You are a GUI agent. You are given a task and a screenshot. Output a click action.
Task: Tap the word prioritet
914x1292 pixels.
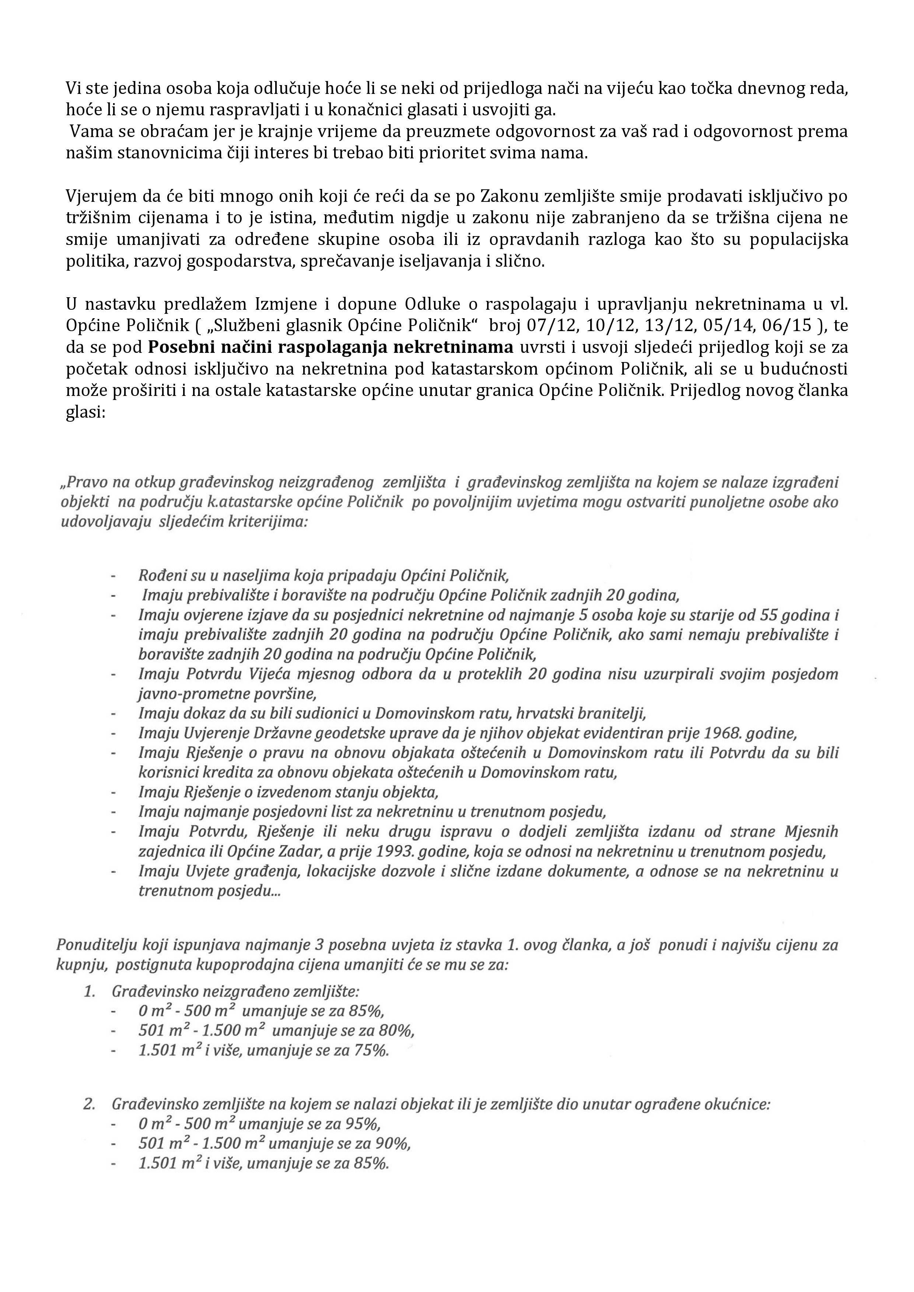(463, 153)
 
